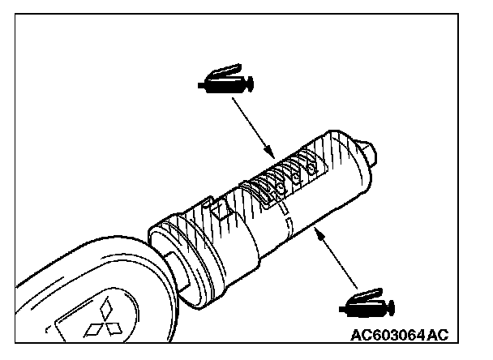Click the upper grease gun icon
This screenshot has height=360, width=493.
tap(225, 80)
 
